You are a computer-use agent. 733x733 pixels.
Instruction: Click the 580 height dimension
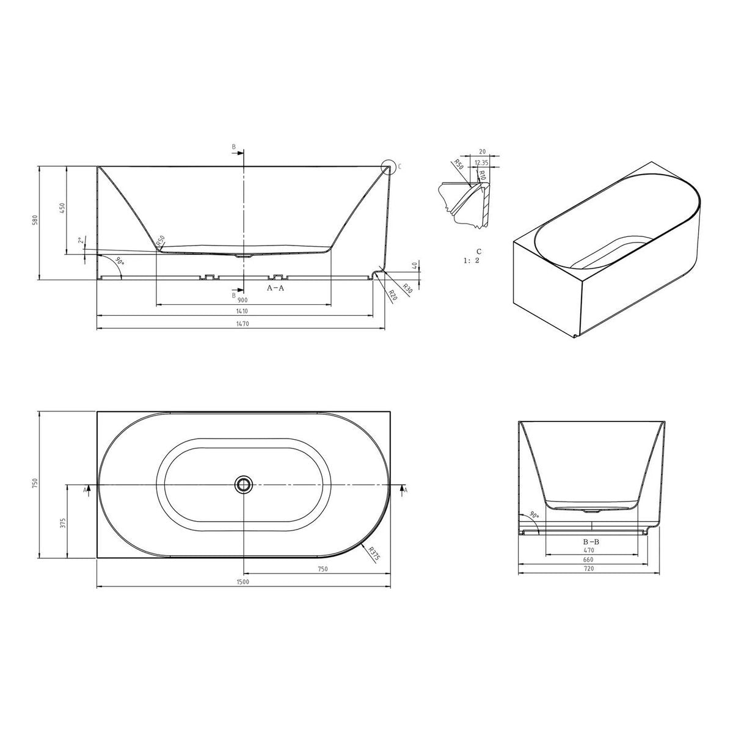tap(35, 221)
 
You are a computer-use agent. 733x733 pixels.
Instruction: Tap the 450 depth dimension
tap(62, 208)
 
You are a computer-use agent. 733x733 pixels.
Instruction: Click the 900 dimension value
tap(243, 300)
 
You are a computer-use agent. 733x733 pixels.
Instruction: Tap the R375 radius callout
tap(374, 553)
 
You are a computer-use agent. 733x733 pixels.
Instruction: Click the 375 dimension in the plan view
tap(64, 523)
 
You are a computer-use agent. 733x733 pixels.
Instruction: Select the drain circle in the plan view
tap(244, 484)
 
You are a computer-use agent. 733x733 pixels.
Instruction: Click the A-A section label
tap(275, 288)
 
